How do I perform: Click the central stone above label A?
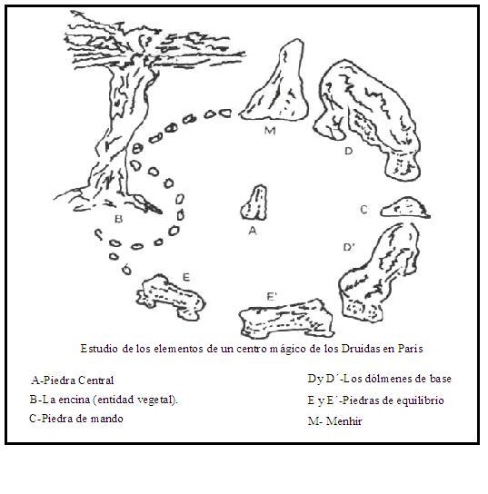[x=254, y=203]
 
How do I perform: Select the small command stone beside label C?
[x=405, y=208]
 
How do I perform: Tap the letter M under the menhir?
[x=270, y=131]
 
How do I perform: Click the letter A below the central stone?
[x=253, y=231]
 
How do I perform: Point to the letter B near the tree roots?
[x=118, y=219]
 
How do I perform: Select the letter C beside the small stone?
[x=364, y=210]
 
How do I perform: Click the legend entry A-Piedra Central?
[x=73, y=380]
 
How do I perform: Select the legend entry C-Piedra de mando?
[x=76, y=419]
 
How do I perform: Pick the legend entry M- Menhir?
[x=334, y=421]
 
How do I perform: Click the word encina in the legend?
[x=75, y=400]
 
